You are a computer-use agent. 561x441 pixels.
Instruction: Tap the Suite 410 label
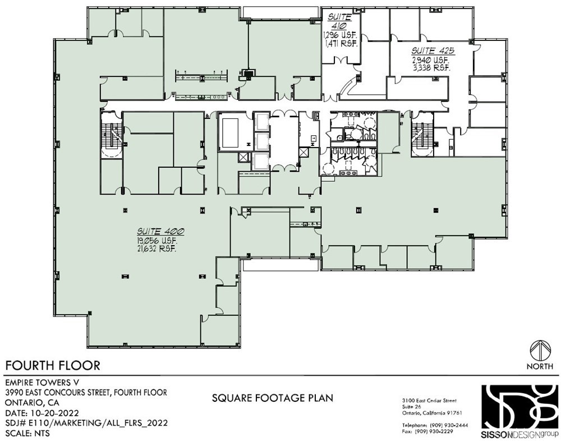click(x=339, y=21)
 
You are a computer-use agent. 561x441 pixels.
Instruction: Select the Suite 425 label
click(x=433, y=50)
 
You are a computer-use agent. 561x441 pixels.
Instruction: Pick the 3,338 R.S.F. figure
click(x=431, y=68)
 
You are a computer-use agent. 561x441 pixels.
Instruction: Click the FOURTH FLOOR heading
click(x=53, y=365)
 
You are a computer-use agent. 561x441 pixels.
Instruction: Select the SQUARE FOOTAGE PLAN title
click(x=273, y=398)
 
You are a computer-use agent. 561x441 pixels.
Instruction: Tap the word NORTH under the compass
click(x=540, y=366)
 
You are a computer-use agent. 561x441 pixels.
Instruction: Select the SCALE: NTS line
click(x=27, y=433)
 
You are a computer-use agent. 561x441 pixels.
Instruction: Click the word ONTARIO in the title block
click(x=22, y=402)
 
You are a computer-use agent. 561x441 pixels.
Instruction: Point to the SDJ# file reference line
click(x=86, y=422)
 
